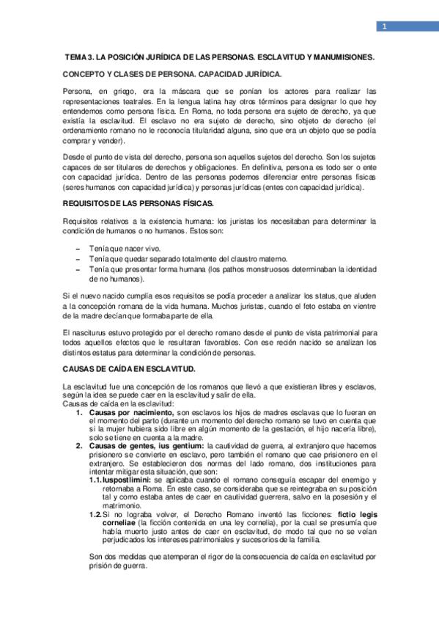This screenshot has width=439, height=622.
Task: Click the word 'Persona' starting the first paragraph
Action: (78, 91)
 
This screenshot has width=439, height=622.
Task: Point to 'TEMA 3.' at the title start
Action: (80, 56)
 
